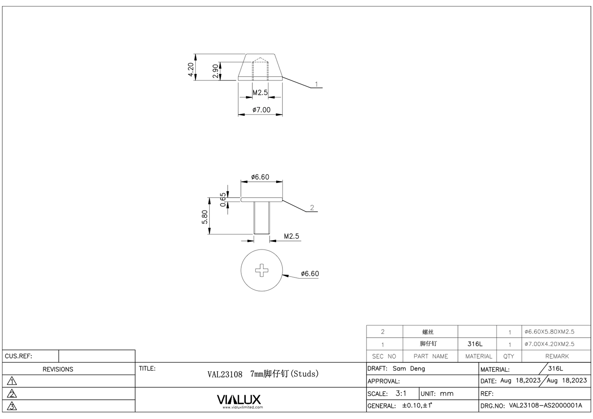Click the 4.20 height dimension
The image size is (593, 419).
190,70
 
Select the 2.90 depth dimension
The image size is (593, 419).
215,71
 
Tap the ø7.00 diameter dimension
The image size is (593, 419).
261,110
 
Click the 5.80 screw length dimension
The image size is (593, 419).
204,217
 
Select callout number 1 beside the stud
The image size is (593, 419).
316,84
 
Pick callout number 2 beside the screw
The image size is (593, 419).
312,208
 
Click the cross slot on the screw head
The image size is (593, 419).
261,270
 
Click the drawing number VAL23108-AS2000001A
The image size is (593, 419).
545,405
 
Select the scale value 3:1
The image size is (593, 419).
401,393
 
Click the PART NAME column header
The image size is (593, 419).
430,356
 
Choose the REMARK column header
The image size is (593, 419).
556,356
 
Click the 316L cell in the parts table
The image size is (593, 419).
475,344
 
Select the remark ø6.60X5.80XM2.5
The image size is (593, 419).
549,332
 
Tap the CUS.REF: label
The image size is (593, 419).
18,356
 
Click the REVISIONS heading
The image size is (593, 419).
58,369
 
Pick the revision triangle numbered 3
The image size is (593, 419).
12,406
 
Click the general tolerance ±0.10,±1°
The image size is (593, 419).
417,405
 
